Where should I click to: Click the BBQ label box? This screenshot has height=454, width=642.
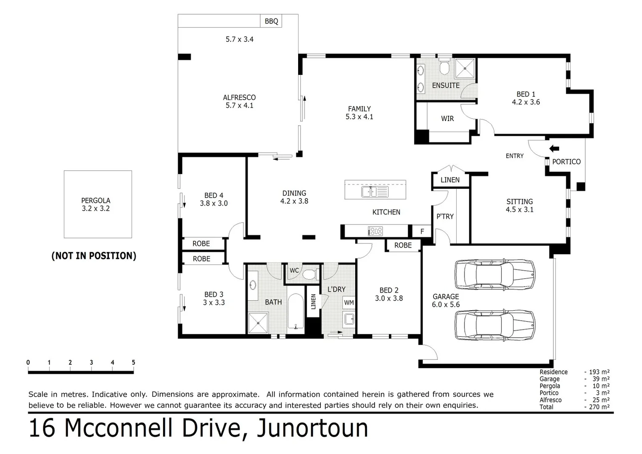tap(271, 21)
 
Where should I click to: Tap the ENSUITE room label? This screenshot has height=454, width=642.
tap(446, 85)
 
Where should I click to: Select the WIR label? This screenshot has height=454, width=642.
tap(447, 119)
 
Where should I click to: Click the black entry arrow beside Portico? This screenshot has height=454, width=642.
tap(554, 148)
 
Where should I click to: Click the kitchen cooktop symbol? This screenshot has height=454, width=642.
tap(375, 231)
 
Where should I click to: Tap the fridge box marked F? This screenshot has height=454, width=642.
tap(422, 231)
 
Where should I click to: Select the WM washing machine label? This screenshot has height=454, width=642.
tap(349, 303)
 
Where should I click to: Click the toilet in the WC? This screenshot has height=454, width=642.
tap(310, 275)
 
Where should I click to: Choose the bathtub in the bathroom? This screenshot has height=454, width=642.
tap(296, 311)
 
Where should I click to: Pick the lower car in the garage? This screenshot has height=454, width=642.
tap(495, 325)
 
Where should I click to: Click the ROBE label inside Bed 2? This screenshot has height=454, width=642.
tap(403, 245)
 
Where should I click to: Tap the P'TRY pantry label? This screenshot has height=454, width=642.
tap(444, 216)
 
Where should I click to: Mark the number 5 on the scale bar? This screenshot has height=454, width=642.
tap(133, 362)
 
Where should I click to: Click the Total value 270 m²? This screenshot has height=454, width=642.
tap(597, 407)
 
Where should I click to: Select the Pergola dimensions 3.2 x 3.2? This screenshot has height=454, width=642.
tap(96, 209)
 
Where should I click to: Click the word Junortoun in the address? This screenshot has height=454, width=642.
tap(312, 428)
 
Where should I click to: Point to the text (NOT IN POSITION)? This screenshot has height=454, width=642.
tap(94, 256)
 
